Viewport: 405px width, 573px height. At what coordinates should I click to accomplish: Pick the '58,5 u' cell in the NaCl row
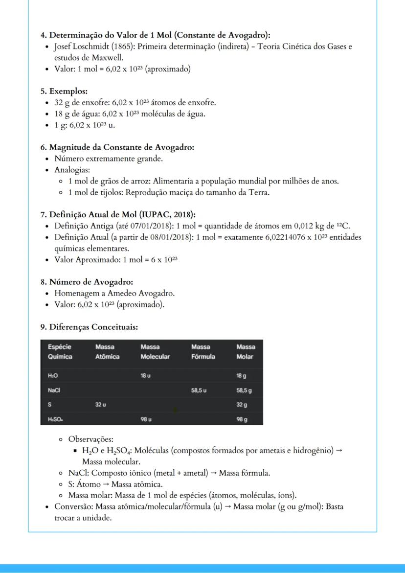[199, 390]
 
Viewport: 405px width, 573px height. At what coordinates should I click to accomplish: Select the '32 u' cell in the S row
[101, 404]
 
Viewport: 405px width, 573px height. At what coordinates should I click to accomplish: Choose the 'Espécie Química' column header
[60, 351]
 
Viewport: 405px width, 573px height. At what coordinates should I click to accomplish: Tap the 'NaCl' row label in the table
[54, 390]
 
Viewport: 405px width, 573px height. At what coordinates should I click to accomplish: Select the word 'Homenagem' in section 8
[73, 293]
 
